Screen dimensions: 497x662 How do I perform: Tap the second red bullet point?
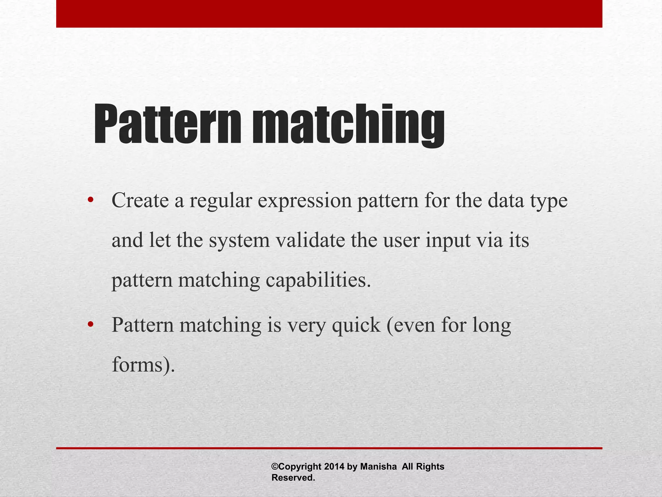point(90,324)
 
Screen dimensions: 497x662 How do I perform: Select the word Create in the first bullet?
point(140,201)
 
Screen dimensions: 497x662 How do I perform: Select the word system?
point(239,241)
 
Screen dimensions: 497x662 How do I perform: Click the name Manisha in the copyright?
point(378,467)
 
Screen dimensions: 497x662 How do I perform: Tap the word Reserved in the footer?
point(293,478)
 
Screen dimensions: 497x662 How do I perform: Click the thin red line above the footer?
point(329,448)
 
